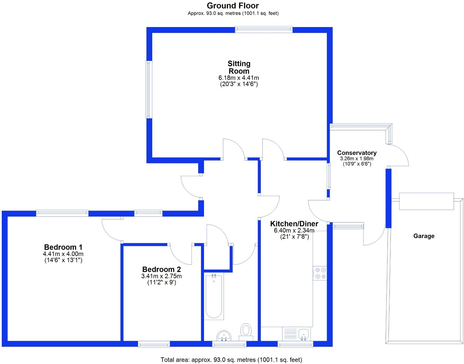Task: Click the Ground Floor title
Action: tap(233, 6)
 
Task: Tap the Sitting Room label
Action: tap(239, 67)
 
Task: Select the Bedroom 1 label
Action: tap(63, 247)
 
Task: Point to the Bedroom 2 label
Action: tap(161, 270)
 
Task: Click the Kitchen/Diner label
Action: tap(294, 224)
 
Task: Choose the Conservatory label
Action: tap(357, 153)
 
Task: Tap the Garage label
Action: tap(424, 236)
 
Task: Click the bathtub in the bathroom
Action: tap(214, 296)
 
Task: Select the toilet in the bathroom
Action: tap(246, 331)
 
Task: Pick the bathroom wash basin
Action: tap(224, 336)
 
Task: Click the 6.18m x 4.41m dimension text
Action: tap(239, 78)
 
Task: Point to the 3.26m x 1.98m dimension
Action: tap(357, 159)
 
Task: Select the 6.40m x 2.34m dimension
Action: tap(294, 231)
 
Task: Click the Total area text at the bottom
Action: tap(231, 360)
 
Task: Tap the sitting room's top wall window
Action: tap(263, 29)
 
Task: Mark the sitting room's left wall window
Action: tap(149, 89)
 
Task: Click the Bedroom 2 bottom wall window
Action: tap(154, 344)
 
